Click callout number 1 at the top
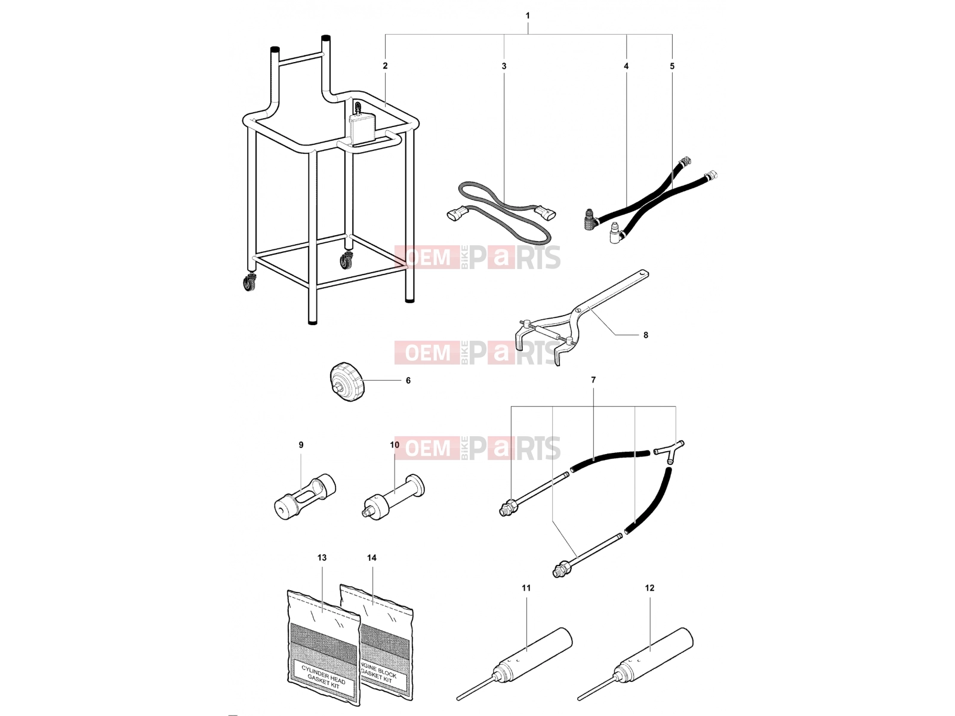528,16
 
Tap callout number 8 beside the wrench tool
646,335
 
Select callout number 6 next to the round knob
408,381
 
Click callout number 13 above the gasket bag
322,558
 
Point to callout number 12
649,588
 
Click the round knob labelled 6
347,382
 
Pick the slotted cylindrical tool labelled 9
305,497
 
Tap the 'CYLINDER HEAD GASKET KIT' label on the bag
324,680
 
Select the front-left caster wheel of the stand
249,283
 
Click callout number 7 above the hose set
593,380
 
